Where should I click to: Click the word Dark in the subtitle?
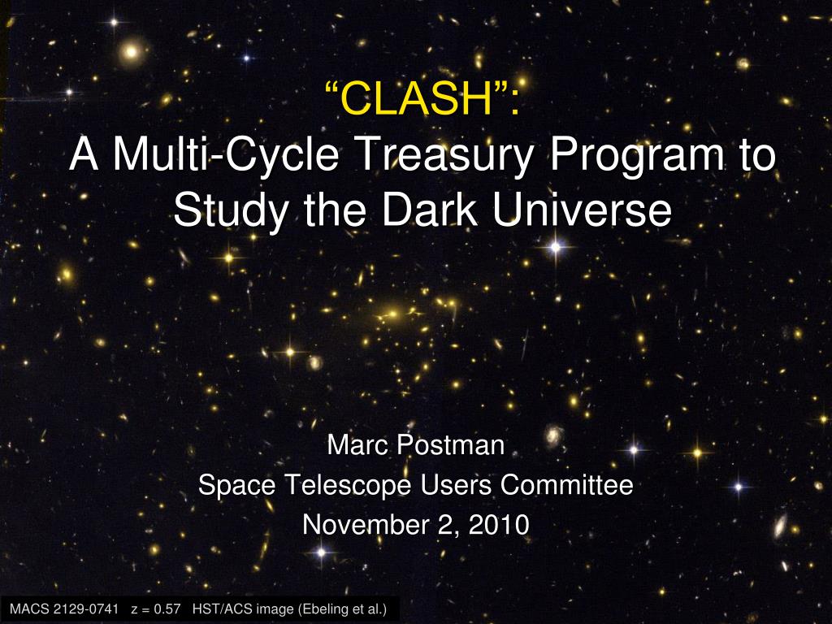[x=430, y=209]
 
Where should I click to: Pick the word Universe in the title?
[x=582, y=209]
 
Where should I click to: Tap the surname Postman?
[x=451, y=444]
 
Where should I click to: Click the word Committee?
[x=566, y=484]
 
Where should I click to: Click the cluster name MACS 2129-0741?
[x=64, y=609]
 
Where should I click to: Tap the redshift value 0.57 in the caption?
[x=167, y=609]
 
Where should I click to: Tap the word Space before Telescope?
[x=237, y=486]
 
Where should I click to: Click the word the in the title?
[x=336, y=209]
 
